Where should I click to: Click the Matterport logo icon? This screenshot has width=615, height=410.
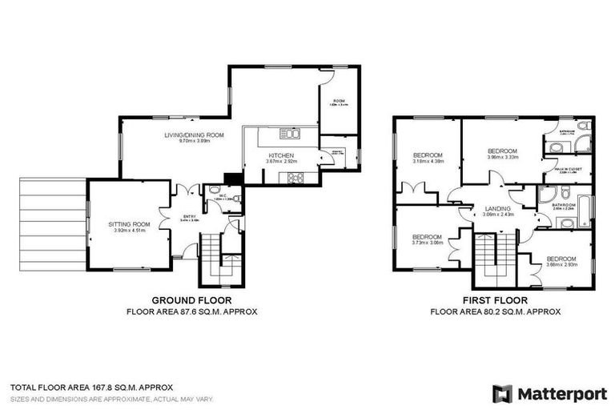502,393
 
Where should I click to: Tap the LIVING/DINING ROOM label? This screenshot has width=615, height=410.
194,135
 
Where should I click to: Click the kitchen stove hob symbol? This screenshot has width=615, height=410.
293,179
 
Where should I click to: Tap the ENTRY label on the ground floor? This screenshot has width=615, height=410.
190,215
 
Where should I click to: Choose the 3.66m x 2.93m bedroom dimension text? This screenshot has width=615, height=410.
561,264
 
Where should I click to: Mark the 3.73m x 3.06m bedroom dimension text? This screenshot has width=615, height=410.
427,243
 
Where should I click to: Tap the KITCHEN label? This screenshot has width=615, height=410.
281,155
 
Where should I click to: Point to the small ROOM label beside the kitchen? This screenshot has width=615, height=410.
339,100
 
